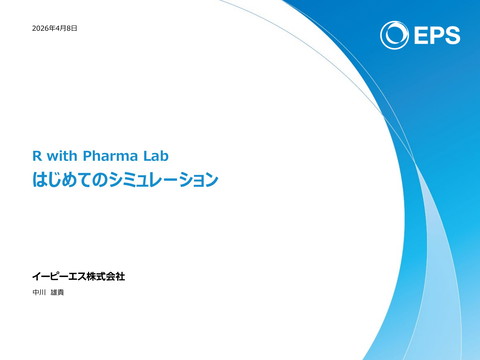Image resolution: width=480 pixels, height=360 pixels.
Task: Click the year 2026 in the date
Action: tap(42, 28)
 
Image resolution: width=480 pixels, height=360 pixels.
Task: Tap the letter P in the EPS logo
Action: tap(436, 35)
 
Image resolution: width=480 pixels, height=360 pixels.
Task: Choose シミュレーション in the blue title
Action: tap(164, 182)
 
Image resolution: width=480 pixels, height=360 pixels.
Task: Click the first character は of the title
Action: tap(40, 182)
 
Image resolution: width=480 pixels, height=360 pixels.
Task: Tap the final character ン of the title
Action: tap(210, 182)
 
